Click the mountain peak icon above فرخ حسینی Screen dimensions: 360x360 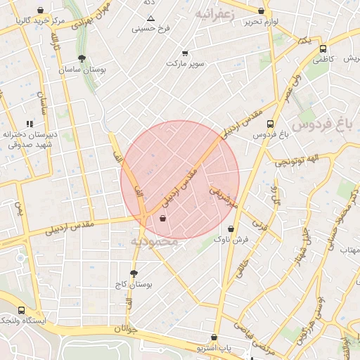[x=150, y=18]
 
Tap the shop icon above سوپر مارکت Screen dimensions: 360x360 [x=185, y=53]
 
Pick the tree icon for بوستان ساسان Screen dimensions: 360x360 [x=82, y=59]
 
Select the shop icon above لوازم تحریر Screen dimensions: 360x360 [x=262, y=11]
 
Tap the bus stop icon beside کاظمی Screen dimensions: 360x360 [x=323, y=49]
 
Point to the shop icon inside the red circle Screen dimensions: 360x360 [x=163, y=219]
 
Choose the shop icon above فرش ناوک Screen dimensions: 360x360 [x=231, y=229]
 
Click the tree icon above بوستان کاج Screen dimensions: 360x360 [x=134, y=274]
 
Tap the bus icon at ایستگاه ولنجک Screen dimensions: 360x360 [x=21, y=310]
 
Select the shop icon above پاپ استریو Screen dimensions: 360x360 [x=214, y=337]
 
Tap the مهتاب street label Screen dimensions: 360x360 [x=349, y=250]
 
